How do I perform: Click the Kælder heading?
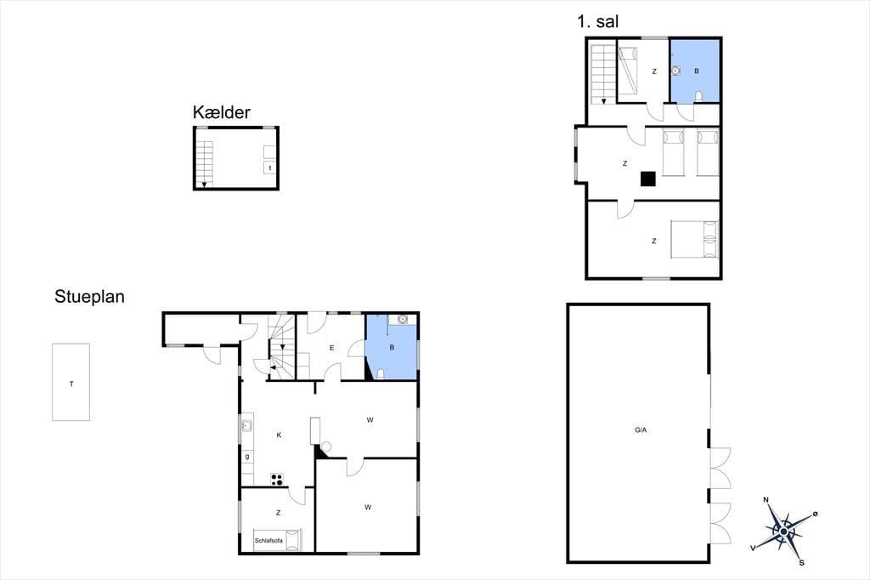(222, 112)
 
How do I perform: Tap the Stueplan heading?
(89, 297)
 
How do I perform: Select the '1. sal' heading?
(597, 21)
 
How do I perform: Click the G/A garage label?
(641, 430)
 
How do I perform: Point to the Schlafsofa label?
(268, 541)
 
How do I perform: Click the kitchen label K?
(279, 435)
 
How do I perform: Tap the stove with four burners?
(277, 480)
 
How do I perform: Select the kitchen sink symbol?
(247, 427)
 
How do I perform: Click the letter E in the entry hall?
(332, 348)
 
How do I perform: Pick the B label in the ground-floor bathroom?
(392, 348)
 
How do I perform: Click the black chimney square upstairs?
(648, 179)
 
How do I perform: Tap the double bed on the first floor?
(694, 240)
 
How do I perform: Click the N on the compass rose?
(766, 500)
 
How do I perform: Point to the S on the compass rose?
(801, 563)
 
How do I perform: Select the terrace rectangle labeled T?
(71, 382)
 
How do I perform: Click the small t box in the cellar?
(270, 168)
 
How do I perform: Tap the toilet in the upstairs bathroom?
(698, 97)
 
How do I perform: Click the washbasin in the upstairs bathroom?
(675, 71)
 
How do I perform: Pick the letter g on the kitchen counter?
(247, 457)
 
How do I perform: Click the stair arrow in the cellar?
(204, 184)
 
